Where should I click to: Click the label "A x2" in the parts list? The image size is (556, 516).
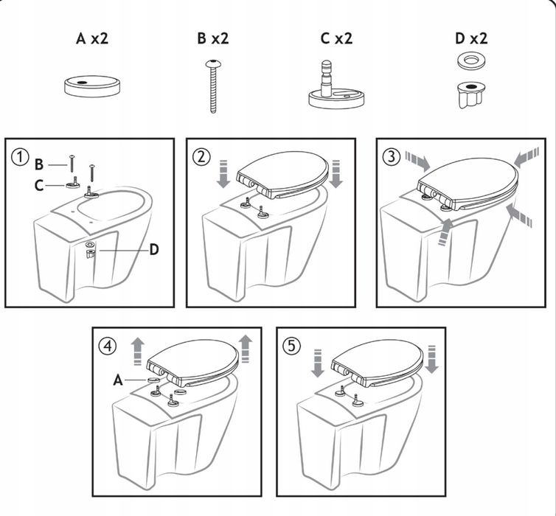(x=92, y=38)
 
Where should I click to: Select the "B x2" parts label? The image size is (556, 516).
(x=213, y=38)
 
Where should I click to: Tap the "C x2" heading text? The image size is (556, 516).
(x=336, y=38)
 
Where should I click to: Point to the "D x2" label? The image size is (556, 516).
(x=471, y=38)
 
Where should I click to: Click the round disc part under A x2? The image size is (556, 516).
(x=92, y=86)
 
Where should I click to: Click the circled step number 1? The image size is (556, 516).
(x=20, y=156)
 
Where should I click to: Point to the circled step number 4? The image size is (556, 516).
(x=108, y=345)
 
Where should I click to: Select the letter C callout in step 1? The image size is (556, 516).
(x=38, y=185)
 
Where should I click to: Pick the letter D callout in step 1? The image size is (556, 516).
(x=154, y=250)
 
